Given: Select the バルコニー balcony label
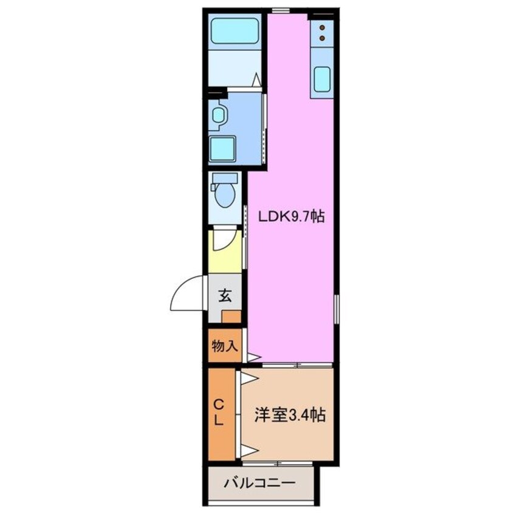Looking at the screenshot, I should click(x=259, y=484).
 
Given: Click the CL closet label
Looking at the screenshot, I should click(x=220, y=411).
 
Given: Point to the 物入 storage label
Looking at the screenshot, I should click(x=224, y=346).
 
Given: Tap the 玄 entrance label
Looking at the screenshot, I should click(x=224, y=296).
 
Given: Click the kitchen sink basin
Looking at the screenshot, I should click(x=322, y=78).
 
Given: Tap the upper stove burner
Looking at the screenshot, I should click(x=322, y=27).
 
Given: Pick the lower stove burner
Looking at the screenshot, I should click(x=322, y=38).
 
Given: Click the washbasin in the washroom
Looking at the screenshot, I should click(x=218, y=114).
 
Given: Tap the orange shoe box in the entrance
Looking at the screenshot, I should click(x=231, y=317).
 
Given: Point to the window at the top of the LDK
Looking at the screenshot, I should click(x=280, y=10).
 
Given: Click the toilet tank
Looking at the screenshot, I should click(x=225, y=179).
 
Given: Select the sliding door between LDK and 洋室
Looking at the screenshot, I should click(x=297, y=365).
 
